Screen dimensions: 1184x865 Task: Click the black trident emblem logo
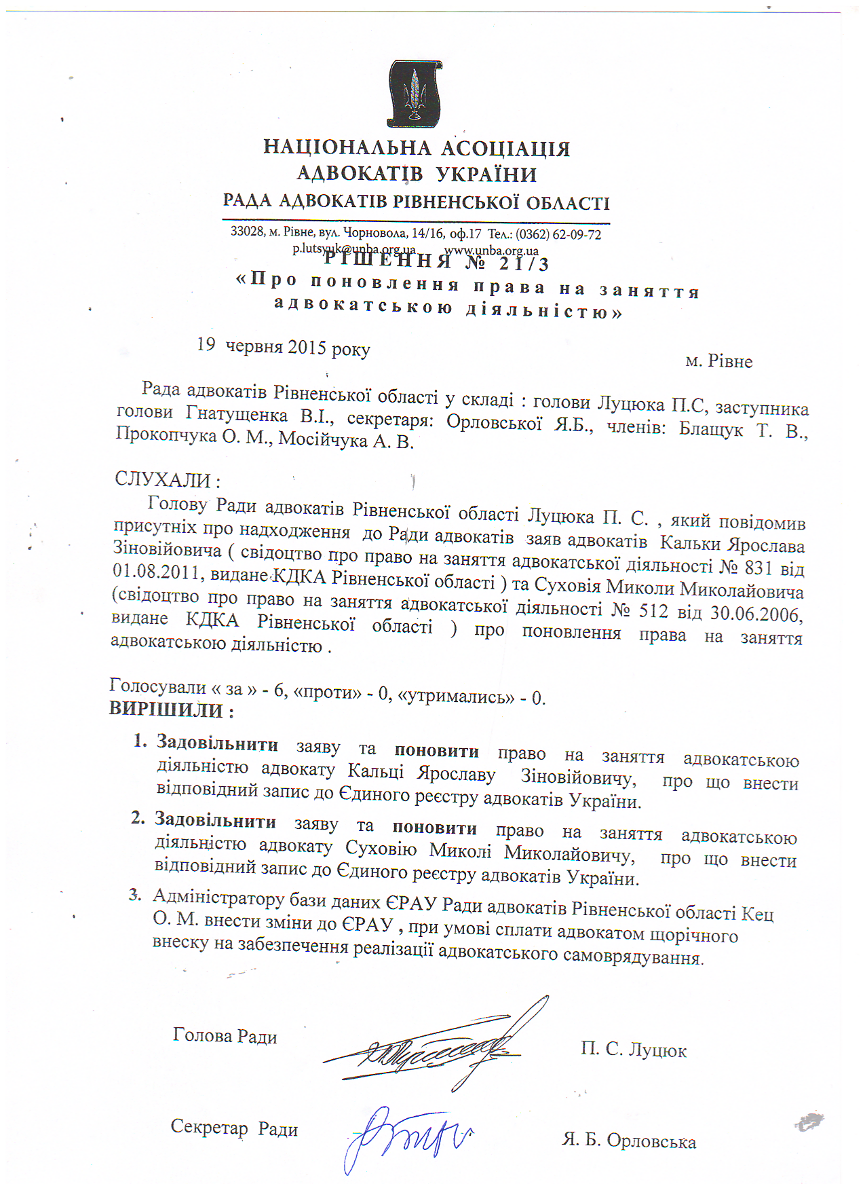(415, 93)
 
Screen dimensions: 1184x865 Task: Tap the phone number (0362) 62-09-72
(558, 235)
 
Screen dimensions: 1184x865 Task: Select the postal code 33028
(247, 231)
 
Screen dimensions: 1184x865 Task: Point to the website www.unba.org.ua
(491, 251)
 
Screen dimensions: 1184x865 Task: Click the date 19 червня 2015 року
(284, 347)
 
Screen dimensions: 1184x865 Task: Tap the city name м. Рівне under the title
(718, 361)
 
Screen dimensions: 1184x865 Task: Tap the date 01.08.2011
(157, 572)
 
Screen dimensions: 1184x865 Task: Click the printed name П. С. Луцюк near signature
(633, 1050)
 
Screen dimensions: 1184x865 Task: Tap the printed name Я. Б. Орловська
(628, 1140)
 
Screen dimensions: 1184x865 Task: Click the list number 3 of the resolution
(136, 895)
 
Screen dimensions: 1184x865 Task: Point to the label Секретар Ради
(234, 1128)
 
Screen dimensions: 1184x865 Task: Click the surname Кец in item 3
(757, 914)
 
